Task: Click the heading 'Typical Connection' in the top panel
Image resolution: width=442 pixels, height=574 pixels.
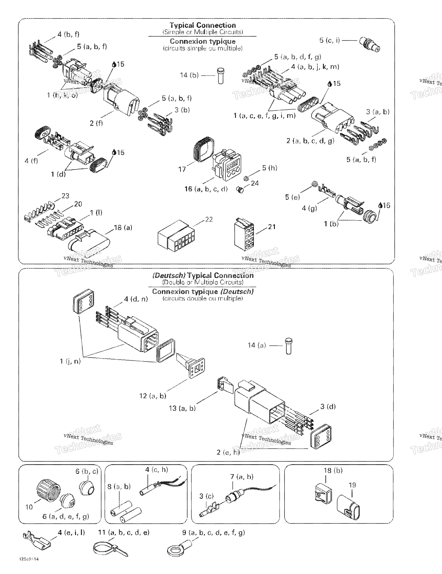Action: coord(203,25)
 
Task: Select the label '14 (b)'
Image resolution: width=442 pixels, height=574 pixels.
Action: coord(189,75)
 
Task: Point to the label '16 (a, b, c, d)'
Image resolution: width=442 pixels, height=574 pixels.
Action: coord(206,189)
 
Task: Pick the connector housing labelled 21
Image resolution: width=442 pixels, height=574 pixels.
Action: coord(244,234)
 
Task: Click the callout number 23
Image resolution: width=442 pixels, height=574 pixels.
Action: coord(65,196)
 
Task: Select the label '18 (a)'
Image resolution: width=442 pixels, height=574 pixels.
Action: coord(123,228)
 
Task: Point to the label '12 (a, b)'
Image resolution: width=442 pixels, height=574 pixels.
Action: coord(153,396)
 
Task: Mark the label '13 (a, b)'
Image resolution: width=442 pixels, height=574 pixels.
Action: coord(182,408)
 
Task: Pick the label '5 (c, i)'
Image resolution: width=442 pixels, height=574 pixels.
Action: coord(329,41)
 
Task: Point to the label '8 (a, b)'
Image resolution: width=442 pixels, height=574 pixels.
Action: coord(119,487)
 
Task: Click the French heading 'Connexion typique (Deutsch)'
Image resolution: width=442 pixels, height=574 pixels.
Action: coord(203,291)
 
